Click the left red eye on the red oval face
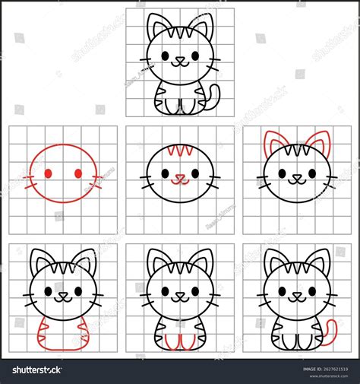pyautogui.click(x=48, y=174)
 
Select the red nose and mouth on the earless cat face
pyautogui.click(x=179, y=179)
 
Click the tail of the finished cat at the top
pyautogui.click(x=213, y=97)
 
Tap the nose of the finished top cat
pyautogui.click(x=179, y=58)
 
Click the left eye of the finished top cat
pyautogui.click(x=167, y=56)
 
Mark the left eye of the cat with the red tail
pyautogui.click(x=282, y=291)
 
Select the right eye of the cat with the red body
pyautogui.click(x=76, y=291)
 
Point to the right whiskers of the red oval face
pyautogui.click(x=97, y=181)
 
